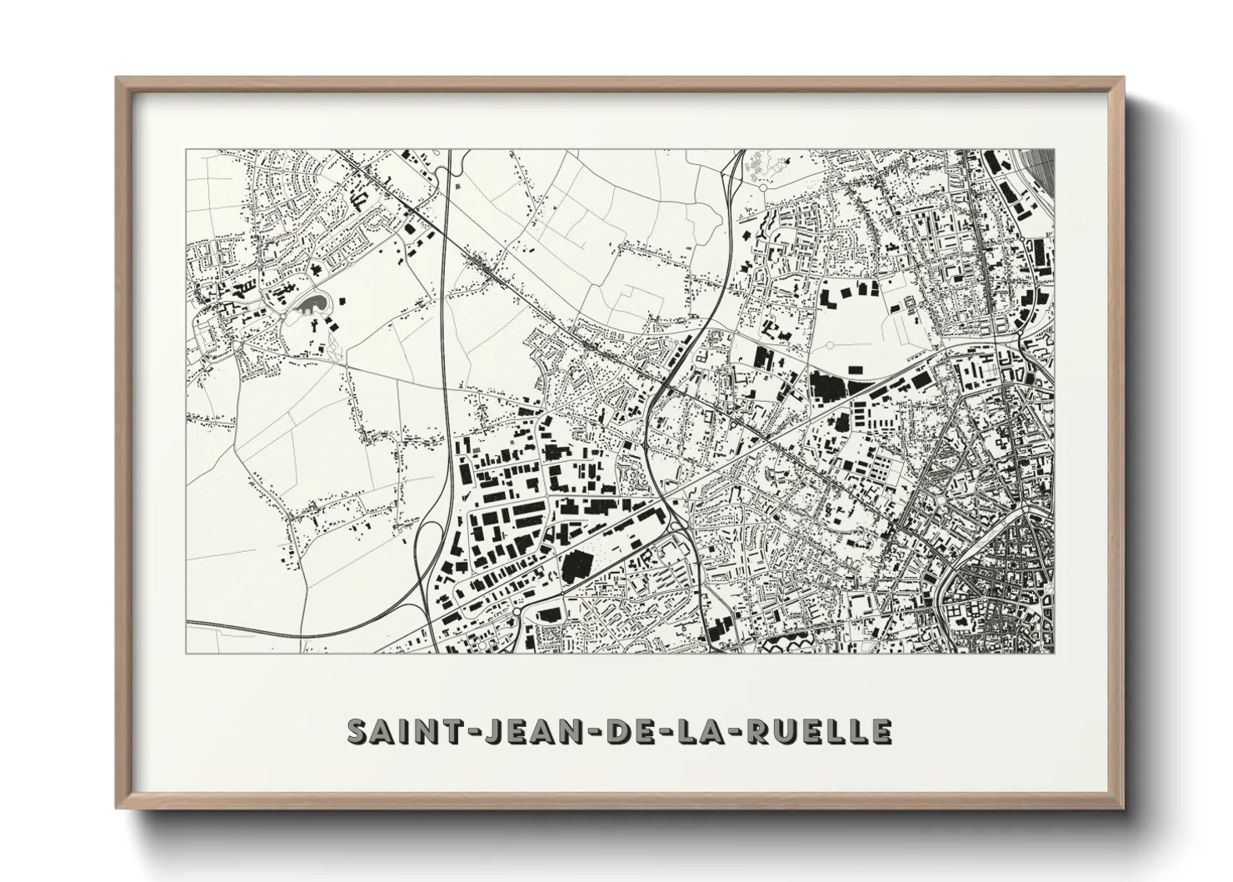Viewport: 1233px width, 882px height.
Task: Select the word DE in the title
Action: pos(629,731)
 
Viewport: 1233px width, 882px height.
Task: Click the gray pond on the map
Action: pos(310,304)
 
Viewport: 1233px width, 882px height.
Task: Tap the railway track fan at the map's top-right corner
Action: pos(1041,171)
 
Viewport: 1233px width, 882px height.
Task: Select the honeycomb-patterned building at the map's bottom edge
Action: pos(788,644)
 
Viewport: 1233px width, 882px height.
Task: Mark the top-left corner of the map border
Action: pos(186,150)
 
